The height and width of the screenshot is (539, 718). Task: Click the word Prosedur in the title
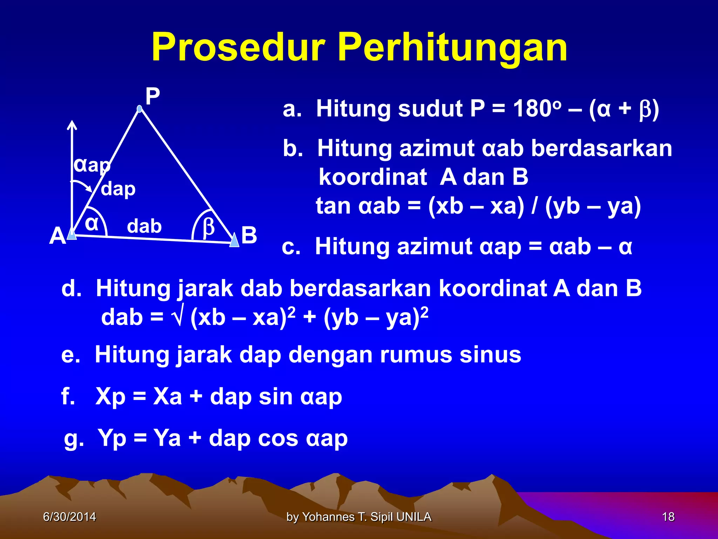(x=238, y=47)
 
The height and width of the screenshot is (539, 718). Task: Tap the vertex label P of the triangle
(x=153, y=96)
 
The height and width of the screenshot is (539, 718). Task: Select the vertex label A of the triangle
(x=57, y=236)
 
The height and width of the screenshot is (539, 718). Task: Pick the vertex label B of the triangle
(x=249, y=235)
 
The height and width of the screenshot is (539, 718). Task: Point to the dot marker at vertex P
(x=140, y=109)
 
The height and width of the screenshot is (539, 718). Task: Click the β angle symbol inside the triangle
(x=209, y=227)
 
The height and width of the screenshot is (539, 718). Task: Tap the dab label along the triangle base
(x=144, y=226)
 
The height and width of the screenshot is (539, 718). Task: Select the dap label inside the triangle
(x=118, y=189)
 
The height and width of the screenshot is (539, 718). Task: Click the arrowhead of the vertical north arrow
(x=72, y=125)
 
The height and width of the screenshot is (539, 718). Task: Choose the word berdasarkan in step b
(x=602, y=148)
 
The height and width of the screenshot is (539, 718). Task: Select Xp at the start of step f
(x=110, y=397)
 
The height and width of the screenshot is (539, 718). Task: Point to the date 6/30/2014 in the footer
(x=69, y=517)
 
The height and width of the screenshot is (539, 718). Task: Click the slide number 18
(x=668, y=517)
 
